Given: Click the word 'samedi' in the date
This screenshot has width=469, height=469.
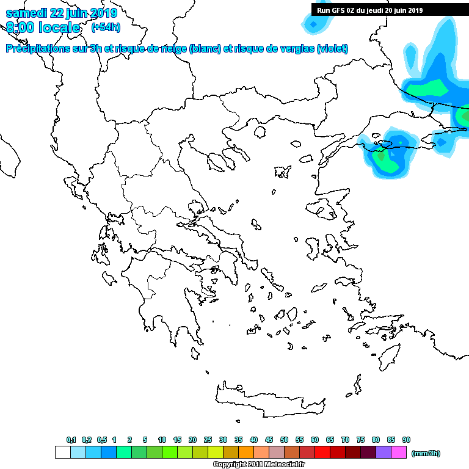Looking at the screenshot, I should [25, 13].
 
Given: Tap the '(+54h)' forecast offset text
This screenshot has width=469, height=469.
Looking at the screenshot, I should [106, 27].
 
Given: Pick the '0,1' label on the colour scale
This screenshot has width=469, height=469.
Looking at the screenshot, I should [71, 440].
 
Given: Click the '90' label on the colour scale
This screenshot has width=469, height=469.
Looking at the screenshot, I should [406, 440].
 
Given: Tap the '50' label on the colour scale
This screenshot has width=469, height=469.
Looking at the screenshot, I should [284, 440].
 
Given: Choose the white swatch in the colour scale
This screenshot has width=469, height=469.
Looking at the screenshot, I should [62, 452].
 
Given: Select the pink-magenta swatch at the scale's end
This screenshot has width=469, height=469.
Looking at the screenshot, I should [399, 452].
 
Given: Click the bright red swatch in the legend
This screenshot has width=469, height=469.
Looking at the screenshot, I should [322, 452].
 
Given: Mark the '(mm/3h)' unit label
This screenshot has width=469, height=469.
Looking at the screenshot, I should [426, 453].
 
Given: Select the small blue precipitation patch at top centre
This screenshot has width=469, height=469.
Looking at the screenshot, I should [314, 24].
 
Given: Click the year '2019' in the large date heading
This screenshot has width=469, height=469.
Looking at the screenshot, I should [103, 13].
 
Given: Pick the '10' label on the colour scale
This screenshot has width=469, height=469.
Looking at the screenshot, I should [162, 440].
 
